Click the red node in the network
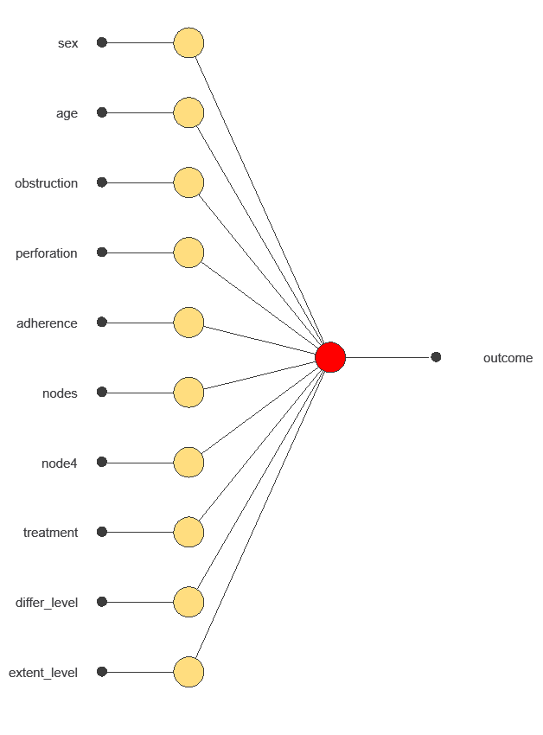(x=330, y=357)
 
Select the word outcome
(x=508, y=358)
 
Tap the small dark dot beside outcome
(x=436, y=357)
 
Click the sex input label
(x=67, y=43)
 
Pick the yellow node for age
(x=188, y=112)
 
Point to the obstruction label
(x=46, y=183)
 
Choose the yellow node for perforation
(x=188, y=252)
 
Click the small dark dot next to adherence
(x=102, y=322)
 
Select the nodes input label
(x=60, y=393)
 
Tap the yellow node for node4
(x=188, y=463)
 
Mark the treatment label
(x=50, y=533)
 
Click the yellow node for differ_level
(x=188, y=602)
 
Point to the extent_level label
(x=43, y=673)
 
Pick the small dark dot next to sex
(x=102, y=42)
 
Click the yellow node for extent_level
(x=188, y=672)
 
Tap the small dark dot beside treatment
(x=102, y=532)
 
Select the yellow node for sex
(x=188, y=42)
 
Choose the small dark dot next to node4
(x=102, y=462)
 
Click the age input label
(x=67, y=113)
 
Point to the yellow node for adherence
(x=188, y=323)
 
